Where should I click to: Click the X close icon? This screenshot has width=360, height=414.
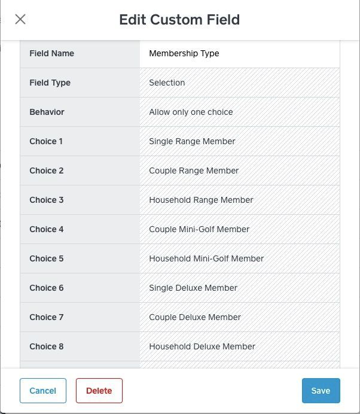point(20,19)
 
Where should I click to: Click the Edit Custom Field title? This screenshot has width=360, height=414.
point(179,20)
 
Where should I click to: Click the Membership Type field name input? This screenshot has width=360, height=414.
point(239,53)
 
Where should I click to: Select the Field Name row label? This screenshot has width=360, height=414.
point(52,53)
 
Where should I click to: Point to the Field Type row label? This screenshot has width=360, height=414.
point(50,83)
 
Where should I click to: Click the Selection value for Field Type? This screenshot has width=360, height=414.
point(167,83)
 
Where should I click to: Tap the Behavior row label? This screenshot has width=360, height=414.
point(47,112)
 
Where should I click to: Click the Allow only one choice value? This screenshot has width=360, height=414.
point(191,112)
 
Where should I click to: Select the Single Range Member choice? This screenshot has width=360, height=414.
point(192,141)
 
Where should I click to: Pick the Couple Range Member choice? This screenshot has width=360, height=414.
point(194,171)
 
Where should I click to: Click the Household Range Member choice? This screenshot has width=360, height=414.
point(201,200)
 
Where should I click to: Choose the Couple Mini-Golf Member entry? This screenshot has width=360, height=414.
point(199,229)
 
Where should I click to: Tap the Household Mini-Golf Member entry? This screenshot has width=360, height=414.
point(206,258)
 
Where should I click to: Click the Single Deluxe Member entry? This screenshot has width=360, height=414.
point(193,288)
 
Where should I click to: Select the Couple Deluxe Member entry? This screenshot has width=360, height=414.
point(195,317)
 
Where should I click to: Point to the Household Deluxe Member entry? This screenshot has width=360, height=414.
point(202,346)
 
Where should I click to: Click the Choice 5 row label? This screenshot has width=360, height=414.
point(47,258)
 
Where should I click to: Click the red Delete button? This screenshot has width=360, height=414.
point(99,391)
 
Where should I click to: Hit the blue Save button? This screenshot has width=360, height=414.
point(321,391)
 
